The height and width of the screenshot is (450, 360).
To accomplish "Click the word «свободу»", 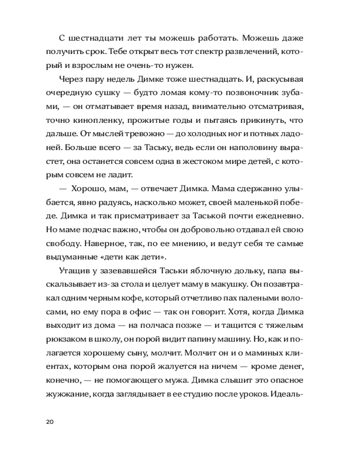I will [62, 244].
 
